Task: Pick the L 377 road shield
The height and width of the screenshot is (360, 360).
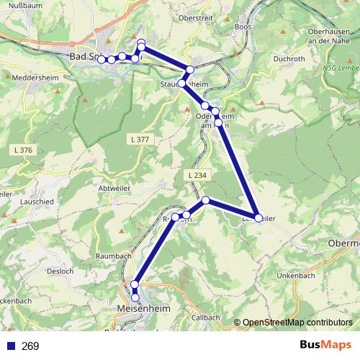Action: pos(141,138)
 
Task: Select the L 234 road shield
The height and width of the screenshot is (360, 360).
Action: pos(194,175)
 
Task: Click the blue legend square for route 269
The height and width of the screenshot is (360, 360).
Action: pos(9,346)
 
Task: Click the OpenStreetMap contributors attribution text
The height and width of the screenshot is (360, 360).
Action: pos(297,323)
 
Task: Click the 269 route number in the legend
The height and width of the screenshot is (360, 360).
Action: pos(30,346)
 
